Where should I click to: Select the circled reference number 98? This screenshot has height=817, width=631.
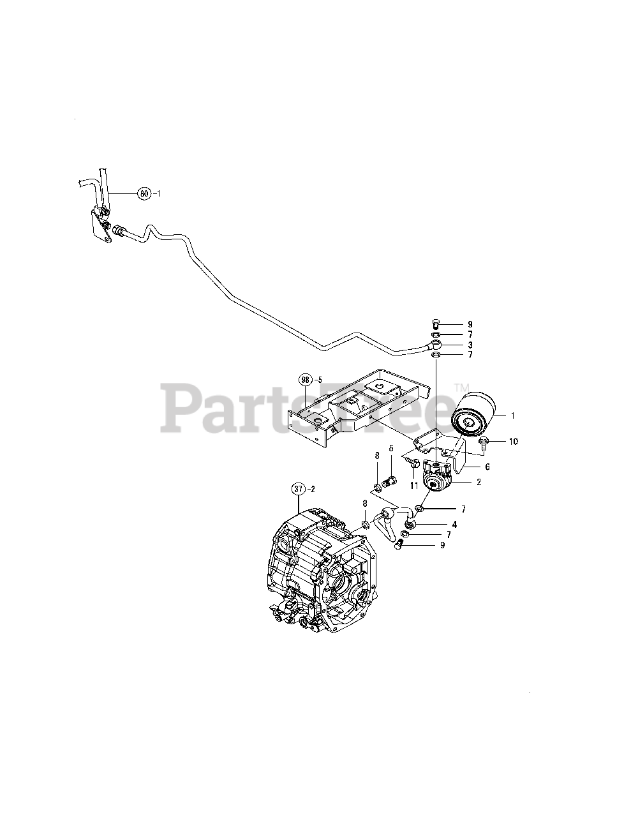pyautogui.click(x=305, y=380)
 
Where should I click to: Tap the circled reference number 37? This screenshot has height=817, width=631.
pyautogui.click(x=298, y=490)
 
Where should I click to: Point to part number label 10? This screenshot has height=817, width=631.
pyautogui.click(x=514, y=441)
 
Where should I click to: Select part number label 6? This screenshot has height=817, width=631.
pyautogui.click(x=487, y=467)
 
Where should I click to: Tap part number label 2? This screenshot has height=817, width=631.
pyautogui.click(x=478, y=482)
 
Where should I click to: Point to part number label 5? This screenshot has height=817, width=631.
pyautogui.click(x=391, y=448)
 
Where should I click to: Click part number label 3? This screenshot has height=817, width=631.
pyautogui.click(x=470, y=344)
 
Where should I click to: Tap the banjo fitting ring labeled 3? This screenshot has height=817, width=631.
pyautogui.click(x=436, y=345)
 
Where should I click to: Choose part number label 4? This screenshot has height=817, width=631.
pyautogui.click(x=454, y=525)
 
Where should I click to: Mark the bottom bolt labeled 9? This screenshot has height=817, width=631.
pyautogui.click(x=400, y=544)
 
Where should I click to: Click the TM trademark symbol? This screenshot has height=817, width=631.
pyautogui.click(x=461, y=387)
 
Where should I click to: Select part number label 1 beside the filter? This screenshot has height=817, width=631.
pyautogui.click(x=512, y=415)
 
